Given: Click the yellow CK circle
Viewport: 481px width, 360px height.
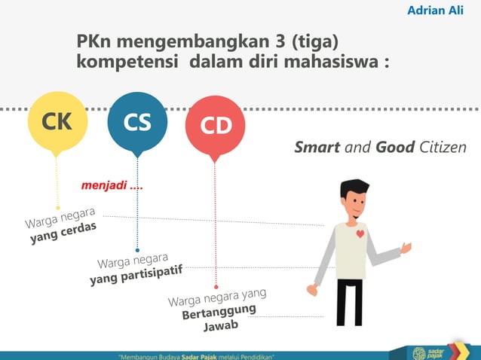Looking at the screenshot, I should point(57,121).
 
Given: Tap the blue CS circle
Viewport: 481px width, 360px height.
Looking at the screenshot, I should point(136,121).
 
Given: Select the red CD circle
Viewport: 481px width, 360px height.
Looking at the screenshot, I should point(215,126).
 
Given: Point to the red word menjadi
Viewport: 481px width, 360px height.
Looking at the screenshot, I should point(103,185).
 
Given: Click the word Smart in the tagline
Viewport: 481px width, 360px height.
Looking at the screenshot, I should point(317,147).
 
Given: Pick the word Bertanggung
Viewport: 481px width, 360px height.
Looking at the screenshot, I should point(219,311).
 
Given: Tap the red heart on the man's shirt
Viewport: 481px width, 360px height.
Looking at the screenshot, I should point(360,233).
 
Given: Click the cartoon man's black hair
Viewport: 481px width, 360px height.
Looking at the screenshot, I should point(354,188).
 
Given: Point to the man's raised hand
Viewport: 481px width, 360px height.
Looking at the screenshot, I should point(406,247).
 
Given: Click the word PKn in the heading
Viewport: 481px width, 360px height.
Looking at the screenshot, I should point(95,41).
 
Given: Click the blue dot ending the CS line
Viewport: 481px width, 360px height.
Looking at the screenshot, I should point(137,250).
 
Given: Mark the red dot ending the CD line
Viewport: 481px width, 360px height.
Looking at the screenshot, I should point(216,287).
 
